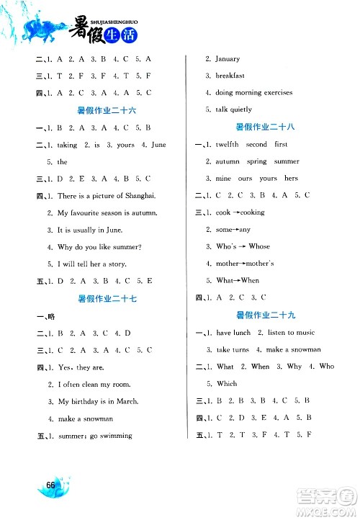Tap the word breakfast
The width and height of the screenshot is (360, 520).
point(230,76)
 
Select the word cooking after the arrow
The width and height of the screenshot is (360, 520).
point(252,212)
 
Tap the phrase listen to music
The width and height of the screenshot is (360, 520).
point(291,332)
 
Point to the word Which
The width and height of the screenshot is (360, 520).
point(226,384)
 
